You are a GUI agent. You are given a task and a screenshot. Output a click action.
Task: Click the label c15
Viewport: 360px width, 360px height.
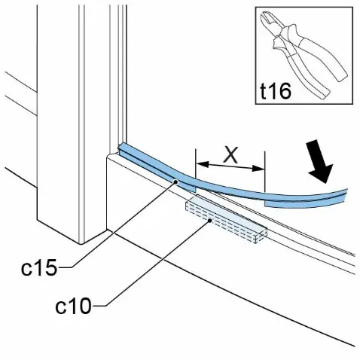(x=39, y=267)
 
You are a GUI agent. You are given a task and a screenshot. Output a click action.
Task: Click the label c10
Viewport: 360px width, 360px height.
(x=73, y=306)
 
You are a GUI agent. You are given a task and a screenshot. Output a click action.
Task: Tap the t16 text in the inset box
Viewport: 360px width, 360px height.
(x=276, y=91)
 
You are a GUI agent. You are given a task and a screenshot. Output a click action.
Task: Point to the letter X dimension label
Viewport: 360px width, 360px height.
(x=230, y=155)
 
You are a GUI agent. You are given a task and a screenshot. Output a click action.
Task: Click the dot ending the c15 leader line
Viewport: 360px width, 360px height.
(x=176, y=182)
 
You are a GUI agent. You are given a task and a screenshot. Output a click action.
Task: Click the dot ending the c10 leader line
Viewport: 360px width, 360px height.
(x=210, y=221)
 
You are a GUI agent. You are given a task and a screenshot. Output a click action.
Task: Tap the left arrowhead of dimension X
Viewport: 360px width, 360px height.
(x=203, y=164)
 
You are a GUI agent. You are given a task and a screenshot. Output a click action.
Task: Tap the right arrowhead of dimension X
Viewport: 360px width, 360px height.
(x=258, y=168)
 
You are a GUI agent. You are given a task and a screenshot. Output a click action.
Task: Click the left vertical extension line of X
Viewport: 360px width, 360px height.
(x=196, y=170)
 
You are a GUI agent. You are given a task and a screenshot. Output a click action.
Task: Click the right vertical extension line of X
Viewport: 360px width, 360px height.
(x=264, y=176)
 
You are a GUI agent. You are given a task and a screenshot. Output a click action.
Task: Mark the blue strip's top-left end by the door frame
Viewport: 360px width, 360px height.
(x=121, y=148)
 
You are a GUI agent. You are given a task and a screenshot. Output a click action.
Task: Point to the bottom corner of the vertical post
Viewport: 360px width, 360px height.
(x=81, y=243)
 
